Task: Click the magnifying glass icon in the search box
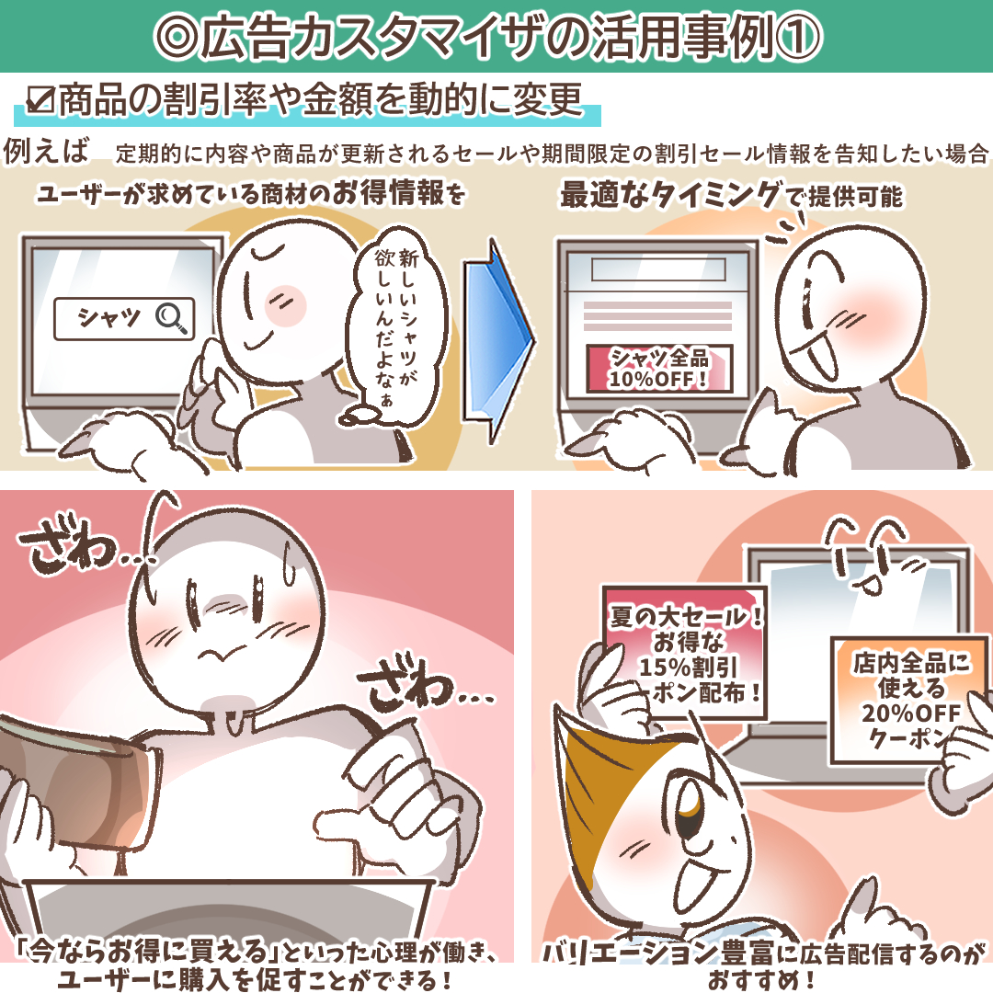tap(172, 317)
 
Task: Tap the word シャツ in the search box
tap(108, 317)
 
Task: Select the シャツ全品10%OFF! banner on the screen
tap(658, 369)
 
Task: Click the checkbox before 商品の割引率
tap(40, 99)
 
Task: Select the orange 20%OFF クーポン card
tap(909, 701)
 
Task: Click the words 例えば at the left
tap(46, 151)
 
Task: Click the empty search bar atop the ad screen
tap(658, 269)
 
